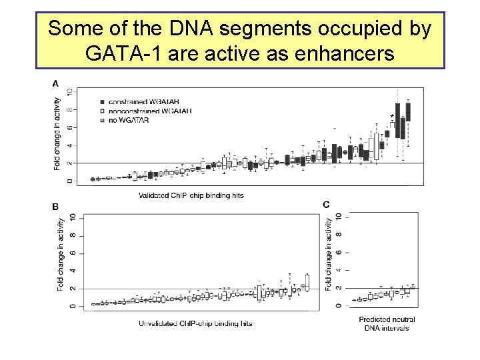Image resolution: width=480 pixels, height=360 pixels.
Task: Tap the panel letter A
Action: pyautogui.click(x=55, y=83)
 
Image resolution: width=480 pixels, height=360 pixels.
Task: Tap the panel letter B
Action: pyautogui.click(x=55, y=207)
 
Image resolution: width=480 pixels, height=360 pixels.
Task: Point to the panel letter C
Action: pyautogui.click(x=326, y=205)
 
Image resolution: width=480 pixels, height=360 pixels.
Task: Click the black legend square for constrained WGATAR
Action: pyautogui.click(x=101, y=101)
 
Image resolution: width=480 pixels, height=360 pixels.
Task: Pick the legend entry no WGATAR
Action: pyautogui.click(x=127, y=120)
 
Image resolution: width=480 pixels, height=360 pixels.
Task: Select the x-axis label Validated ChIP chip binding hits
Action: pyautogui.click(x=191, y=195)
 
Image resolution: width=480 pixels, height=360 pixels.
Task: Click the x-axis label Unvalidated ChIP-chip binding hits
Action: pyautogui.click(x=195, y=323)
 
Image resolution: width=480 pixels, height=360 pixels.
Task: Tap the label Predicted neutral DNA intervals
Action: pyautogui.click(x=387, y=324)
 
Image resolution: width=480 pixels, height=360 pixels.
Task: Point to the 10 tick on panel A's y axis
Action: pyautogui.click(x=70, y=91)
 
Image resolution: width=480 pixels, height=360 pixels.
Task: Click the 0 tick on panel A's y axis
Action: pyautogui.click(x=70, y=181)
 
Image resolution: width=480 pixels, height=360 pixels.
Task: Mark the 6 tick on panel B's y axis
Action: pyautogui.click(x=71, y=253)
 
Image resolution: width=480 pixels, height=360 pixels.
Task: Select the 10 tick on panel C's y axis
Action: pyautogui.click(x=339, y=217)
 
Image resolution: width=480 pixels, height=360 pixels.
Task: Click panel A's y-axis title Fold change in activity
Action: pyautogui.click(x=58, y=133)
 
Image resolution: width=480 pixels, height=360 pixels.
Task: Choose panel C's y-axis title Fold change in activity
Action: pyautogui.click(x=329, y=255)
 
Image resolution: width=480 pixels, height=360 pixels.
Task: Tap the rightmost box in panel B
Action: pyautogui.click(x=307, y=282)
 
